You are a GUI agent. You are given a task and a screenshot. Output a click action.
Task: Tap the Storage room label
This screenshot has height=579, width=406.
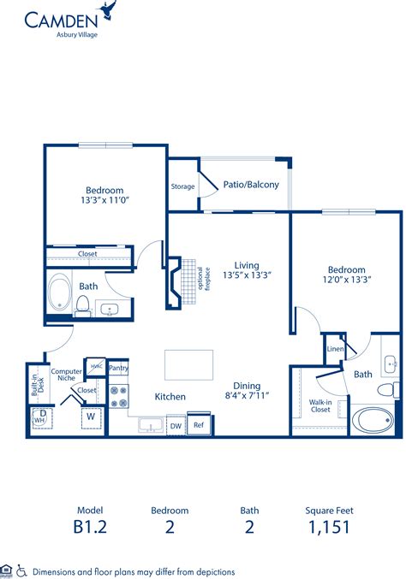coord(183,186)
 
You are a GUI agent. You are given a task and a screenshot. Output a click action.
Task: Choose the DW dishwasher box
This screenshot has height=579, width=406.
coord(176,425)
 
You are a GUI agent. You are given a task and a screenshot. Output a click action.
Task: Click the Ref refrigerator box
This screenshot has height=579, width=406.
coord(198,425)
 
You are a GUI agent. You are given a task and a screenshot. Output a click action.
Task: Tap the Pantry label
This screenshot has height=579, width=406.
coord(118,369)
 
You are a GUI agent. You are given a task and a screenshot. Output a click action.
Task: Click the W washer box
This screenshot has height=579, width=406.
coord(91,417)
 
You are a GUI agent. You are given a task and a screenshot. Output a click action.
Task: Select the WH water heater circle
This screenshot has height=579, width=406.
coord(39,421)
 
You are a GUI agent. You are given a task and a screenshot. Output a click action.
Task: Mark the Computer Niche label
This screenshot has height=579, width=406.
coord(66,376)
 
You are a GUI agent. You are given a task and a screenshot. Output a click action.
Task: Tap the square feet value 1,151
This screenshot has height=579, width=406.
coord(328,527)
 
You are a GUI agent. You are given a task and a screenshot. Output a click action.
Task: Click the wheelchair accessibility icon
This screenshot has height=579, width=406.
coord(21,570)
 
